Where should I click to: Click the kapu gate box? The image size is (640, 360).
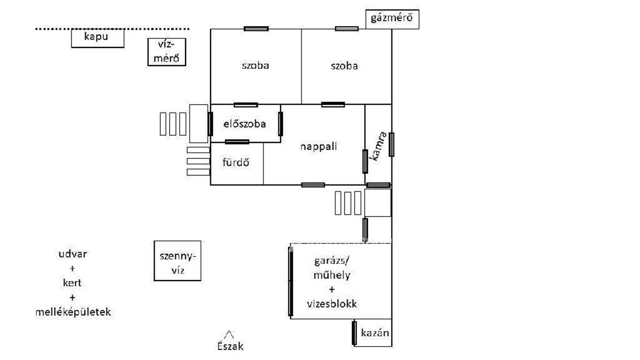point(98,38)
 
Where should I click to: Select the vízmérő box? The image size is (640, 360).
point(167,52)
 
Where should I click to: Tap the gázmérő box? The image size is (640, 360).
point(392,20)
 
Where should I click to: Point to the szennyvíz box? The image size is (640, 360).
point(178,261)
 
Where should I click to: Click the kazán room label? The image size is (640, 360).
point(374,333)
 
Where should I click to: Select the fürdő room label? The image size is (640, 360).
point(236,163)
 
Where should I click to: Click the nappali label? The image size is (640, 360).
point(319,147)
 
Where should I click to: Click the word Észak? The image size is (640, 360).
point(230,346)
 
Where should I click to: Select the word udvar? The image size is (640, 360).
point(73,254)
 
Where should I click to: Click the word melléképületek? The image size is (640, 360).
point(73,312)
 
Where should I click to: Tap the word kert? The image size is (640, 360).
point(73,283)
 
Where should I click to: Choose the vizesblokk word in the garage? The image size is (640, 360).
point(331,304)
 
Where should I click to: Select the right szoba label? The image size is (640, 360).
point(344,66)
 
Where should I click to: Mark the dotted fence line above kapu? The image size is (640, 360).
point(112,29)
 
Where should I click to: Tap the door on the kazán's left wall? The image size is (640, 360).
point(354,332)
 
